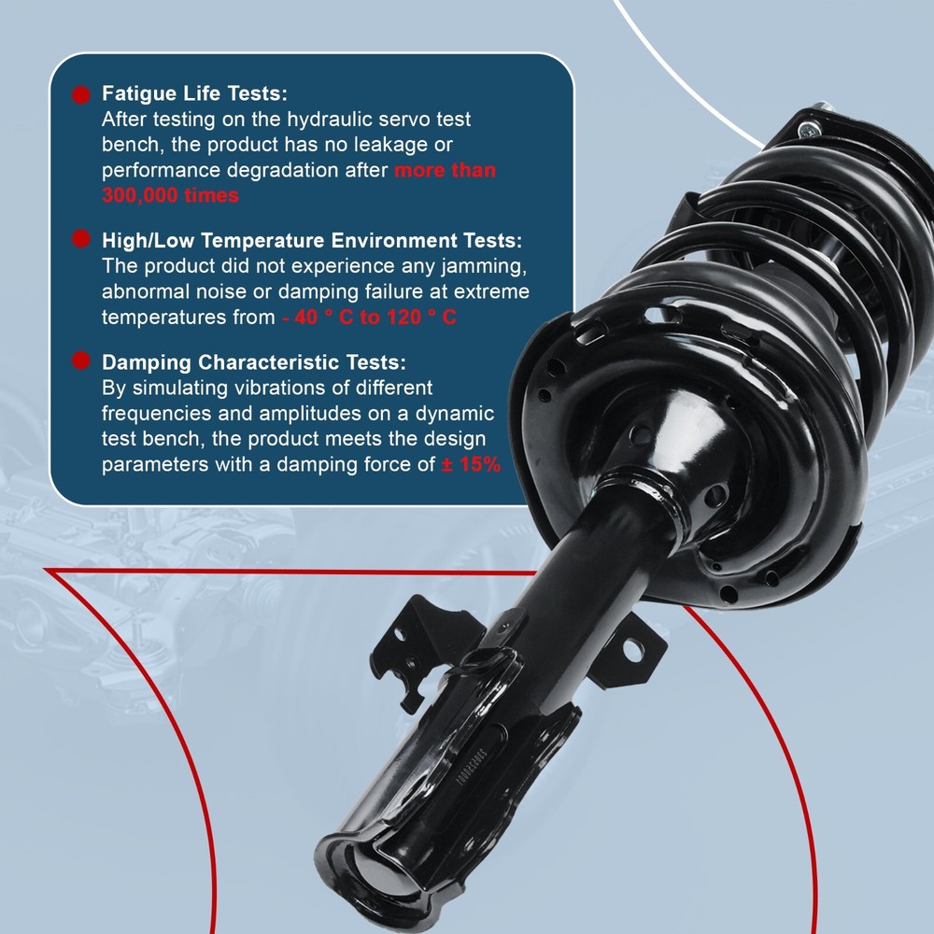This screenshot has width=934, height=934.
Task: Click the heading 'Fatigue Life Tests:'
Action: point(194,93)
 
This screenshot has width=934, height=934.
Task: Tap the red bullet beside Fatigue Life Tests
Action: point(81,94)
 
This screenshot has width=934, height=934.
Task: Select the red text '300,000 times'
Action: point(170,195)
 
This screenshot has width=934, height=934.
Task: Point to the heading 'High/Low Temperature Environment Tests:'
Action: point(312,241)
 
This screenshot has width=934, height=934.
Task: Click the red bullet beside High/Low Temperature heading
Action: point(81,239)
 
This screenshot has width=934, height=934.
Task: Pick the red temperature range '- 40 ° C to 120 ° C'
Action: point(369,317)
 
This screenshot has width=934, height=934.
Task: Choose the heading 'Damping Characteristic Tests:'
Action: point(254,362)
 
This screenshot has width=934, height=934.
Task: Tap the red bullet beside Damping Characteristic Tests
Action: point(81,361)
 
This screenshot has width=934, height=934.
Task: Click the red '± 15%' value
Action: point(471,464)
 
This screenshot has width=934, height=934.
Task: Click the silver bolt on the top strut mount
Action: point(808,128)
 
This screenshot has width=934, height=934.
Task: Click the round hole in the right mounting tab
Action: point(632,650)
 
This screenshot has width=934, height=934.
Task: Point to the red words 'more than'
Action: point(445,170)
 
